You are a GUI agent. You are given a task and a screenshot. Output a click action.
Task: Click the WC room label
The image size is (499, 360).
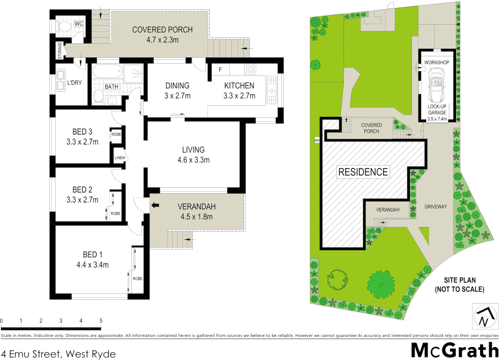click(79, 24)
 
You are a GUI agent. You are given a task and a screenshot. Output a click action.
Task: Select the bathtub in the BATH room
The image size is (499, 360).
click(107, 71)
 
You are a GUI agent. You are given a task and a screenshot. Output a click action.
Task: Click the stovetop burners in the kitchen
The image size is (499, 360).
click(250, 69)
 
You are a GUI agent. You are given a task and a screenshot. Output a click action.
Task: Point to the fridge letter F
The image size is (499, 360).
click(220, 70)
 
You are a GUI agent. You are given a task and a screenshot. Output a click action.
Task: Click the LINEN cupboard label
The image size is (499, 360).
click(120, 158)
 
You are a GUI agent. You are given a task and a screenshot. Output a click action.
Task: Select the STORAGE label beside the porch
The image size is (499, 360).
click(60, 50)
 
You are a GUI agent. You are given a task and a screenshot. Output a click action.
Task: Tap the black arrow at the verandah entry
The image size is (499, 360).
click(155, 205)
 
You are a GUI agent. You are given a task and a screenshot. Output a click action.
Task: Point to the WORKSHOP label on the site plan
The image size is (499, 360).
click(437, 62)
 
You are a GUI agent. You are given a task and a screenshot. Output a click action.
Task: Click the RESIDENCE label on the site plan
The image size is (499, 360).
click(363, 172)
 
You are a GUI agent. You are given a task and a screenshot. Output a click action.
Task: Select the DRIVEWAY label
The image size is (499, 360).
click(436, 207)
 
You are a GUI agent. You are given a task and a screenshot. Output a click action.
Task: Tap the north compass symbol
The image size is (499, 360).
click(485, 316)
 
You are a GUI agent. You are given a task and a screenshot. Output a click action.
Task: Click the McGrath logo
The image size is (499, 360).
click(455, 350)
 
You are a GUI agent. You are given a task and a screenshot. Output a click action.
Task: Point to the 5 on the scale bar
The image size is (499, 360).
click(101, 321)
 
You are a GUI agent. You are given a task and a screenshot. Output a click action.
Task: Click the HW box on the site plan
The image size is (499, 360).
click(317, 140)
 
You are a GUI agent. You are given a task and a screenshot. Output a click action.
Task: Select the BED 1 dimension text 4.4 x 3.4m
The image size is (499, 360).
click(92, 265)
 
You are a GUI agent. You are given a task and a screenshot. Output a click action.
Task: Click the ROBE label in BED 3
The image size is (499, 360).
click(116, 134)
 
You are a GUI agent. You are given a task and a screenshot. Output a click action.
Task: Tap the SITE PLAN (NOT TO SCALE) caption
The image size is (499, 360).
click(460, 285)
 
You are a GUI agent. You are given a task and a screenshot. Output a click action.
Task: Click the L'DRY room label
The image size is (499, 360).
click(74, 83)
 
